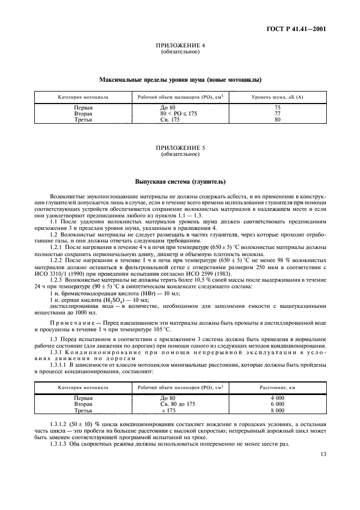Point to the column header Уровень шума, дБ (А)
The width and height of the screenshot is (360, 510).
tap(277, 98)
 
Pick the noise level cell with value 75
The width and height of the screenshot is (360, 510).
tap(277, 108)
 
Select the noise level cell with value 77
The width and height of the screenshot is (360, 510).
tap(277, 113)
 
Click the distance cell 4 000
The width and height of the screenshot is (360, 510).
tap(277, 398)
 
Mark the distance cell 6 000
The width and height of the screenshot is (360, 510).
tap(277, 404)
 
